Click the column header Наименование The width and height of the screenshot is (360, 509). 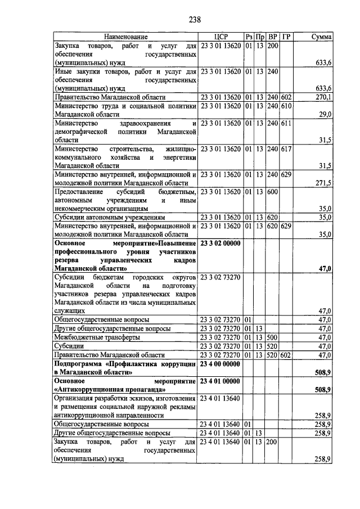[x=126, y=37]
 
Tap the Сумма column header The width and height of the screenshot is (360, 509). [x=321, y=37]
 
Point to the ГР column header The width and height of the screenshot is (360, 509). [x=286, y=37]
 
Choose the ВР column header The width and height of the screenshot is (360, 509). [x=273, y=37]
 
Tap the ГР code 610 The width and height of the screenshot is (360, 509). [x=286, y=106]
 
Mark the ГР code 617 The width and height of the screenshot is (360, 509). [x=286, y=149]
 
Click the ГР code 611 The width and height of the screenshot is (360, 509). [x=286, y=123]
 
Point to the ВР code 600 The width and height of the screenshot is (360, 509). [x=273, y=192]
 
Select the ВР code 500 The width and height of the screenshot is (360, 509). [x=273, y=337]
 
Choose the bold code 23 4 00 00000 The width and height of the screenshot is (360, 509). [x=220, y=364]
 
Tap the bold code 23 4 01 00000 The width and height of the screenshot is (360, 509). [x=220, y=382]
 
